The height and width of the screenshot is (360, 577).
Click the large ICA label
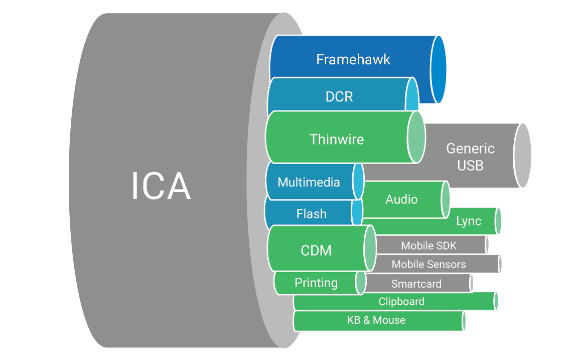click(x=161, y=186)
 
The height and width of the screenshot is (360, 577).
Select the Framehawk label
click(x=353, y=60)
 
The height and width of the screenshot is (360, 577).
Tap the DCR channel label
click(x=339, y=97)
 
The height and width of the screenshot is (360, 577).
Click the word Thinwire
click(x=336, y=140)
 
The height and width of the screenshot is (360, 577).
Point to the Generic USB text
click(x=470, y=157)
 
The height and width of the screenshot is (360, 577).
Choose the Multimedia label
click(x=309, y=182)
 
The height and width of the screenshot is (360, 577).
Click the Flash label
click(x=311, y=214)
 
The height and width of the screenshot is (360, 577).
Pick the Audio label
click(x=401, y=199)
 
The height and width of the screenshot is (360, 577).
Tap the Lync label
click(x=469, y=221)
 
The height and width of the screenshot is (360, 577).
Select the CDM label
click(x=316, y=251)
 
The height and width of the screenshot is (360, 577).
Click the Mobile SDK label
click(x=428, y=246)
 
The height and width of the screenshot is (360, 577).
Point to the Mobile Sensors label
click(x=428, y=264)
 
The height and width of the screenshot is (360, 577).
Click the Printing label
click(x=316, y=283)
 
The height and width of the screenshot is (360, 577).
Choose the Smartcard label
click(x=416, y=284)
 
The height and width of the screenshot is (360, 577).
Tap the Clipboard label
click(x=401, y=301)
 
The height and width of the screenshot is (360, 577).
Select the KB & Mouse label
click(x=376, y=320)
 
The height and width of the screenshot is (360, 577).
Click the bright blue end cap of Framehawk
click(x=439, y=69)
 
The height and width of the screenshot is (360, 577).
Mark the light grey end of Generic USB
click(x=522, y=155)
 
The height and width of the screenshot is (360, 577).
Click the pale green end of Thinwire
click(x=416, y=137)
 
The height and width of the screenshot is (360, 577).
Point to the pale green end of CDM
click(x=370, y=248)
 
